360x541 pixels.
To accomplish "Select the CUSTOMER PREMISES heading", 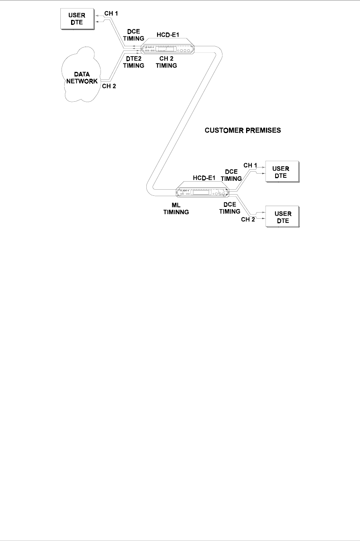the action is click(243, 130).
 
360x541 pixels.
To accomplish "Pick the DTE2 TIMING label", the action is click(133, 62).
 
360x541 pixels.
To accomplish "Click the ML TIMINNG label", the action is click(176, 208).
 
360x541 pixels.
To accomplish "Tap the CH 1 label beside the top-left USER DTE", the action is click(111, 14).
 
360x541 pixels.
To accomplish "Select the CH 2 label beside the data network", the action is click(109, 86).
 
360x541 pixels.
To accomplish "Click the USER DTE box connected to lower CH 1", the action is click(281, 172).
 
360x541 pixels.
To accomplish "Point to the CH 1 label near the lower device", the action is click(250, 165).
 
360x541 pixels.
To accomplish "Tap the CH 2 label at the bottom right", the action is click(248, 219).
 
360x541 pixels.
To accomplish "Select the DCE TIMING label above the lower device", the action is click(231, 175).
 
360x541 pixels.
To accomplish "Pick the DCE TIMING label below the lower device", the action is click(230, 208).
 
